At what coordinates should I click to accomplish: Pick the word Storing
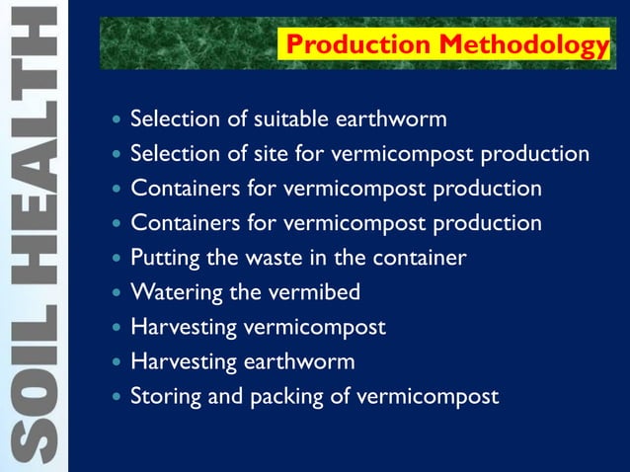[x=166, y=397]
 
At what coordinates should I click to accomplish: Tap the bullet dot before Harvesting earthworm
[x=118, y=362]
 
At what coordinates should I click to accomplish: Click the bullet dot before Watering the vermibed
[x=118, y=293]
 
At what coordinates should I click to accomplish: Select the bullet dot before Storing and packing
[x=118, y=397]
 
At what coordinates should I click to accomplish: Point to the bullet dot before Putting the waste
[x=118, y=259]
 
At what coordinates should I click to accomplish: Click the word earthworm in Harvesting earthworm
[x=298, y=361]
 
